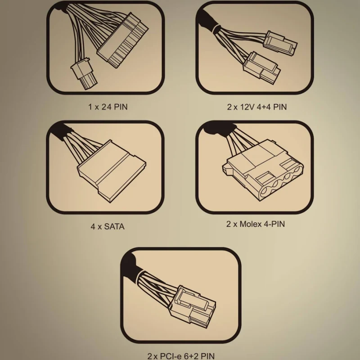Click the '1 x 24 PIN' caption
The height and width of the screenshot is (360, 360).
[108, 107]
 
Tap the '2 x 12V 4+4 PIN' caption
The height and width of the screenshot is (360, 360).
[257, 107]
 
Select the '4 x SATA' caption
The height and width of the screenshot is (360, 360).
[108, 227]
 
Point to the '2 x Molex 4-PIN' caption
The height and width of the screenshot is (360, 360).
[256, 224]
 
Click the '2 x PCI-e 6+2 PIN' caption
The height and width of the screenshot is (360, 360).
[181, 356]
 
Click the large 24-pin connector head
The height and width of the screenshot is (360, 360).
[123, 40]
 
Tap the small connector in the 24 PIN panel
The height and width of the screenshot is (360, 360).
[84, 73]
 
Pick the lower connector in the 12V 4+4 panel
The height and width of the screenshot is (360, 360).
[262, 68]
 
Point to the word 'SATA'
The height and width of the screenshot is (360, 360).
[114, 227]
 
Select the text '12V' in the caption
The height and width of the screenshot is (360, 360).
[247, 107]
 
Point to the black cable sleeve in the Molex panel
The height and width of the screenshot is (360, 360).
[218, 129]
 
